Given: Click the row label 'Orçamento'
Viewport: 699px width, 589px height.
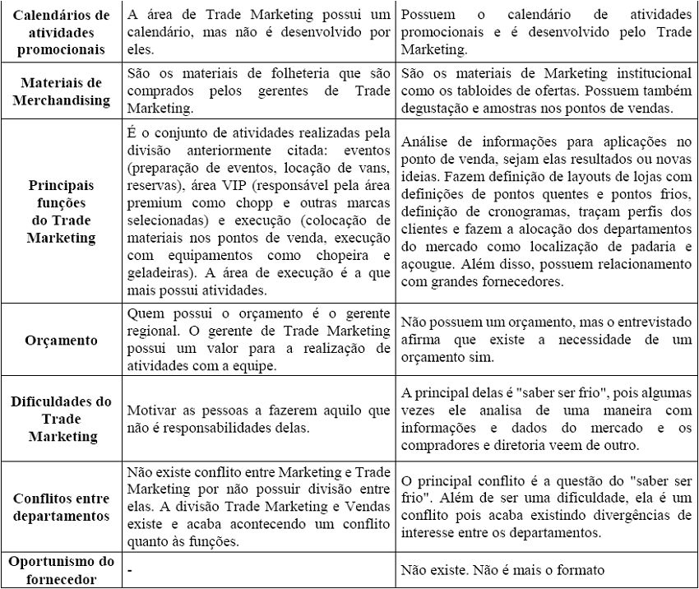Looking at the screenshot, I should pyautogui.click(x=61, y=339).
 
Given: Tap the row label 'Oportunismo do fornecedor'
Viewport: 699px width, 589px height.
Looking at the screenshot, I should pyautogui.click(x=61, y=568).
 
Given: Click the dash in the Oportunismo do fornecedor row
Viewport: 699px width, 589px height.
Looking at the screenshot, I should pyautogui.click(x=130, y=568).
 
